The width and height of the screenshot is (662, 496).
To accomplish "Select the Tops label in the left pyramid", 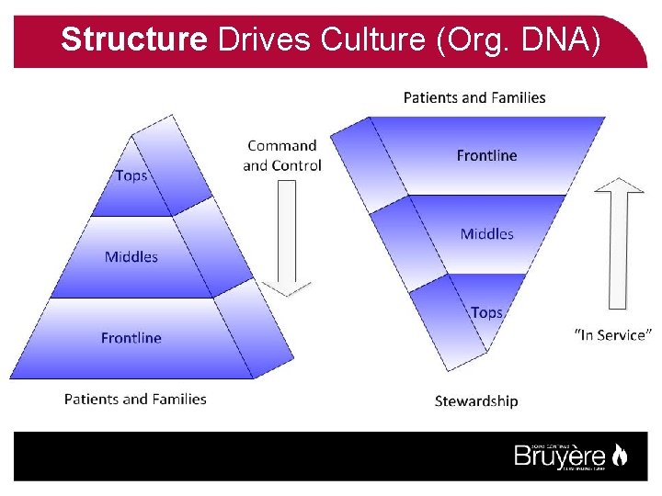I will [x=131, y=175].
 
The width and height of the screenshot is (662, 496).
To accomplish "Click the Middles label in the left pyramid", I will [x=131, y=257].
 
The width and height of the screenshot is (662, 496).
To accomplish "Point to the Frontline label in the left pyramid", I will [x=131, y=338].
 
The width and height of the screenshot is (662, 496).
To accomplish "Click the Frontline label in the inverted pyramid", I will [x=486, y=155].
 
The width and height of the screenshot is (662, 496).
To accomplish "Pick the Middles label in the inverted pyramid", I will [x=486, y=234].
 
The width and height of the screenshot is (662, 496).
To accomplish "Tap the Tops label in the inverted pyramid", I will [x=486, y=312].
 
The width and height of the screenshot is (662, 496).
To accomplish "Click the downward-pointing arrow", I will [x=287, y=239].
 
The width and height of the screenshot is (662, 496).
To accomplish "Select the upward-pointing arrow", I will [x=618, y=243].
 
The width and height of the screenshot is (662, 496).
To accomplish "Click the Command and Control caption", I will [x=282, y=155].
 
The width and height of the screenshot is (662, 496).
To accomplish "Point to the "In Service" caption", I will [x=613, y=335].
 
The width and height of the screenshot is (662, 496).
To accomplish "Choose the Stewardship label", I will [x=476, y=400].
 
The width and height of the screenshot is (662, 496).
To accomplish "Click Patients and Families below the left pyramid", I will [x=135, y=399].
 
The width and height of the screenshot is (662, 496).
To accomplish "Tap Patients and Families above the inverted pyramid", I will [x=474, y=97].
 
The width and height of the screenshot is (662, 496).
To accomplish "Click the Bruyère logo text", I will [x=559, y=456].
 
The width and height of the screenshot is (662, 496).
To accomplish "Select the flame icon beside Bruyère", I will [x=620, y=455].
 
